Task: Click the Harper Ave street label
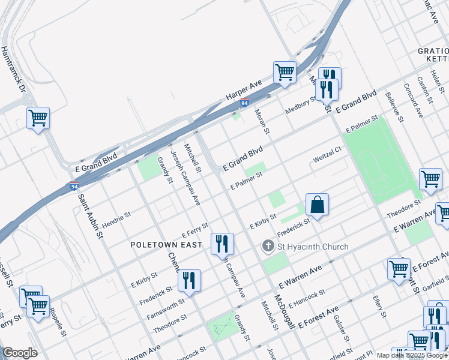tap(244, 88)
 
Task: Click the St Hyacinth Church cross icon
tap(268, 246)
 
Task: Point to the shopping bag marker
tap(317, 205)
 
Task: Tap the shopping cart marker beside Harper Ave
tap(285, 72)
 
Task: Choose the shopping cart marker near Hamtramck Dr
tap(38, 118)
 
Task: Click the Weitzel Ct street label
tap(327, 158)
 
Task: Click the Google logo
tap(20, 353)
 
